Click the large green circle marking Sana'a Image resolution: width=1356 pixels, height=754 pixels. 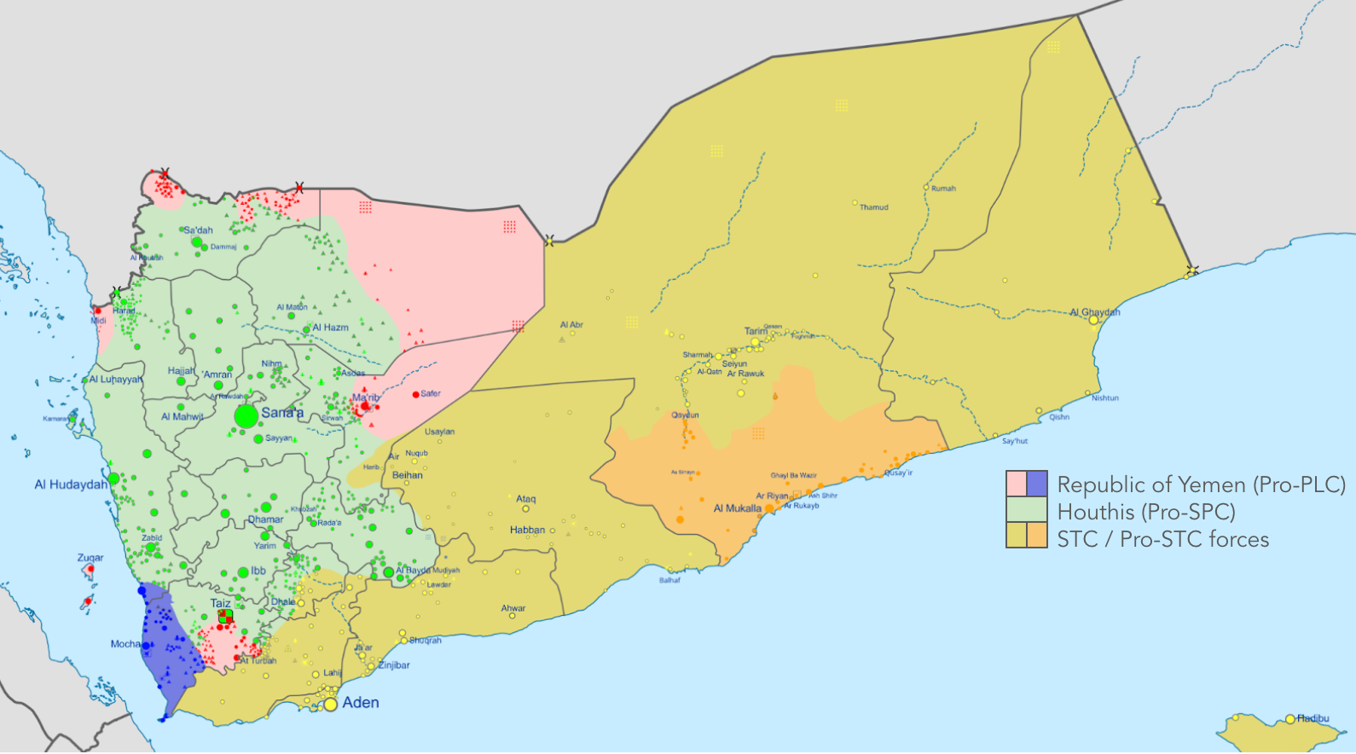pyautogui.click(x=246, y=416)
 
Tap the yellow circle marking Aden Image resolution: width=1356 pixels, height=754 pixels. pyautogui.click(x=331, y=705)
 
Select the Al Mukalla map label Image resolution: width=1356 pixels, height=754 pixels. pyautogui.click(x=737, y=508)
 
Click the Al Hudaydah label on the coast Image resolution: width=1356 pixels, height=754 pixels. pyautogui.click(x=71, y=484)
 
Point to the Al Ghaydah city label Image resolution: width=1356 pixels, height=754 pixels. pyautogui.click(x=1095, y=312)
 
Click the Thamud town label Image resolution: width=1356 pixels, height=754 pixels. pyautogui.click(x=873, y=207)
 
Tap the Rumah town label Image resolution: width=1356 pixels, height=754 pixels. pyautogui.click(x=943, y=188)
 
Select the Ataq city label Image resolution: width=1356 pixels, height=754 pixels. pyautogui.click(x=526, y=499)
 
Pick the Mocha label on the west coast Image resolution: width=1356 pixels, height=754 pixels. pyautogui.click(x=125, y=644)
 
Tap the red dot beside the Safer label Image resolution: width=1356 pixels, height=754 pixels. pyautogui.click(x=416, y=394)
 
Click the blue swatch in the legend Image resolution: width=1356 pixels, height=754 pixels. pyautogui.click(x=1037, y=484)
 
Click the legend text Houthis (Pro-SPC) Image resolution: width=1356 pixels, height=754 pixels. pyautogui.click(x=1146, y=512)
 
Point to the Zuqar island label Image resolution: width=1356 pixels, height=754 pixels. pyautogui.click(x=90, y=558)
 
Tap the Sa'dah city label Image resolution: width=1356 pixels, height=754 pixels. pyautogui.click(x=199, y=230)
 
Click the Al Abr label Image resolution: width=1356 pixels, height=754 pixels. pyautogui.click(x=571, y=325)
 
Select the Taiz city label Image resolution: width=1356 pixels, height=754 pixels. pyautogui.click(x=221, y=603)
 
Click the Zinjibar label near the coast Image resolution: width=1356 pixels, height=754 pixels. pyautogui.click(x=394, y=665)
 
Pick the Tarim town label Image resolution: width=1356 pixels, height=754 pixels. pyautogui.click(x=756, y=331)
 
